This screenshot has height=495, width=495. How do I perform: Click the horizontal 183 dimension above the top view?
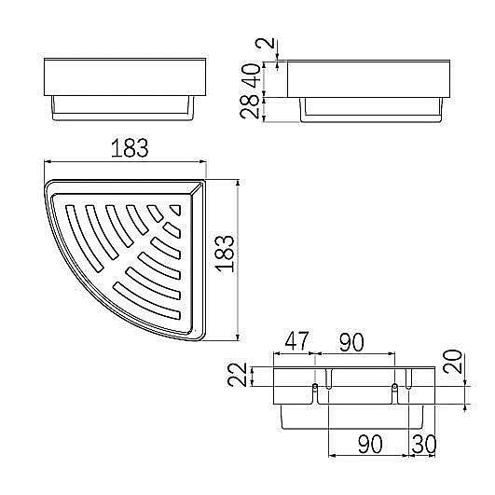click(130, 147)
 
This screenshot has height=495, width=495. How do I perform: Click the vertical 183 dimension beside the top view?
click(225, 254)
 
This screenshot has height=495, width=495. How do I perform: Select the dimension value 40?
click(253, 76)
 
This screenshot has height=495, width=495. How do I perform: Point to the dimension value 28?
click(249, 106)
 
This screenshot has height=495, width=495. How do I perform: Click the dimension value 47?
click(296, 341)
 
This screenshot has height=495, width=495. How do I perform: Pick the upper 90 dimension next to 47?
click(351, 342)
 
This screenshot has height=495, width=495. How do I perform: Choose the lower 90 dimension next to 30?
click(370, 444)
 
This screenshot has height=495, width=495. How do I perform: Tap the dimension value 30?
click(424, 444)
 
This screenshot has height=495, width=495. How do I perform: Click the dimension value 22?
click(237, 375)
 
